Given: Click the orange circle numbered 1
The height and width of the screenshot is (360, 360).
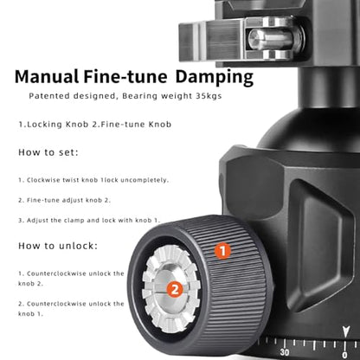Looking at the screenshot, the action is (222, 251).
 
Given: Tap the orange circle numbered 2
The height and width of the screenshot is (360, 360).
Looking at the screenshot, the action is (175, 289).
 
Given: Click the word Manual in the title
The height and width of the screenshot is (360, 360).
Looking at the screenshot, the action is (47, 76).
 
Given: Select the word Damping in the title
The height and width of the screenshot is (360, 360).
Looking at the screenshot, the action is (215, 78).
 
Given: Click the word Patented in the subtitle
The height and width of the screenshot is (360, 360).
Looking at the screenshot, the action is (49, 96).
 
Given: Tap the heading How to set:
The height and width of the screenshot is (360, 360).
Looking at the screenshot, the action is (48, 152).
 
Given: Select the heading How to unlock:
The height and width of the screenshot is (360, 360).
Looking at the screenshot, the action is (58, 246).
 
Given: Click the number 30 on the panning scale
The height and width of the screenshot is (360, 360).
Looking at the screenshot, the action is (285, 352).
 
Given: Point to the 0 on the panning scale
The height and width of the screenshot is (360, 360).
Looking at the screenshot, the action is (344, 355).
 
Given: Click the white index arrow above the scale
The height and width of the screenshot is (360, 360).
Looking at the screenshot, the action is (345, 331).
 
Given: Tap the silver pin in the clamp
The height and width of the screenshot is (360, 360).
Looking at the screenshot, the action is (270, 39).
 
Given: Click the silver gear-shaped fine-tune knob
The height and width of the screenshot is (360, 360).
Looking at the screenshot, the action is (171, 289).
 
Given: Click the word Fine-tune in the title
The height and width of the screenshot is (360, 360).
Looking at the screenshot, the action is (125, 76).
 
